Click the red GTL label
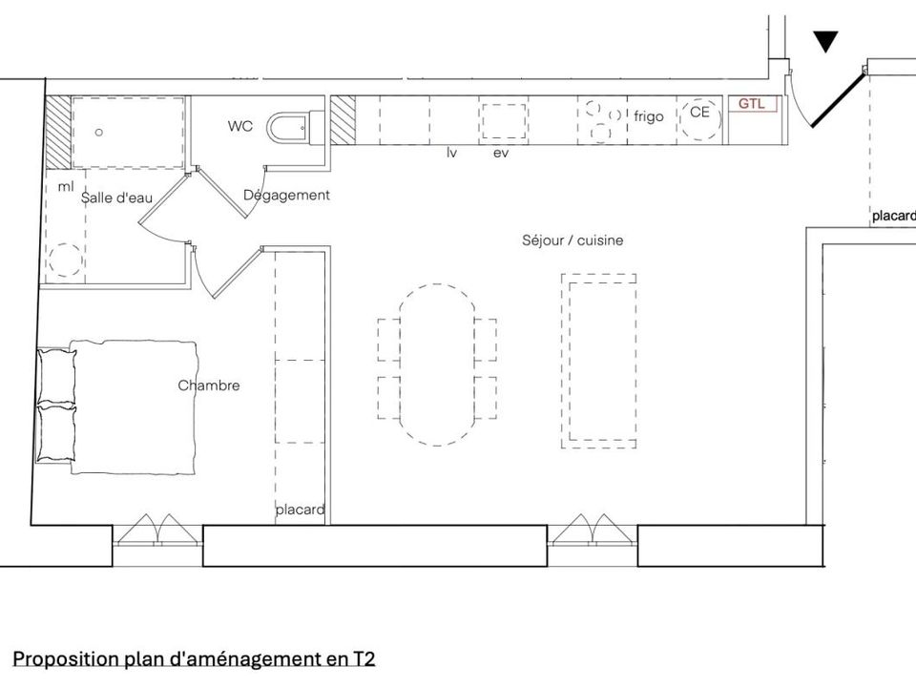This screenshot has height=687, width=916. point(751,104)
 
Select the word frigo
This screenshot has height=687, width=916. point(649,116)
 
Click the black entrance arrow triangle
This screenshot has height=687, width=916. point(825,41)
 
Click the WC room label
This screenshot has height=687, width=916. point(240,126)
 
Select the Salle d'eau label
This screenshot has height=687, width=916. point(116,198)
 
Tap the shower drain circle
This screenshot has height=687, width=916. point(98,132)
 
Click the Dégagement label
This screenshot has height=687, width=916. point(286,195)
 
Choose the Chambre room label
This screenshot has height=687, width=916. point(209,385)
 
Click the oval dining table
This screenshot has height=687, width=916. point(437,365)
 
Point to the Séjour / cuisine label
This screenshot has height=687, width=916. point(572,240)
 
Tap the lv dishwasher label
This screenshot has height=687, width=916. point(451,153)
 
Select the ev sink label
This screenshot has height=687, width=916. point(501,154)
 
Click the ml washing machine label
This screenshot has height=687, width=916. point(66,186)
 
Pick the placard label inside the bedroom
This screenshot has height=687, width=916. point(301,510)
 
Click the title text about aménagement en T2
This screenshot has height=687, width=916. point(194,659)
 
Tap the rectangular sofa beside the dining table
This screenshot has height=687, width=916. point(599,361)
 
